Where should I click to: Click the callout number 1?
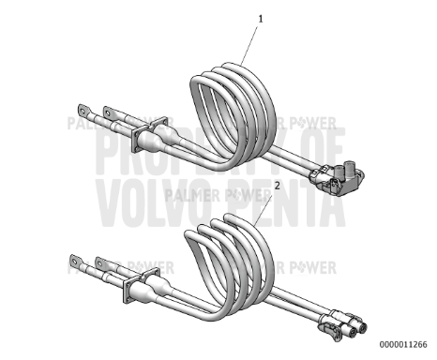pyautogui.click(x=261, y=17)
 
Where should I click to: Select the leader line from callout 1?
pyautogui.click(x=251, y=41)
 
